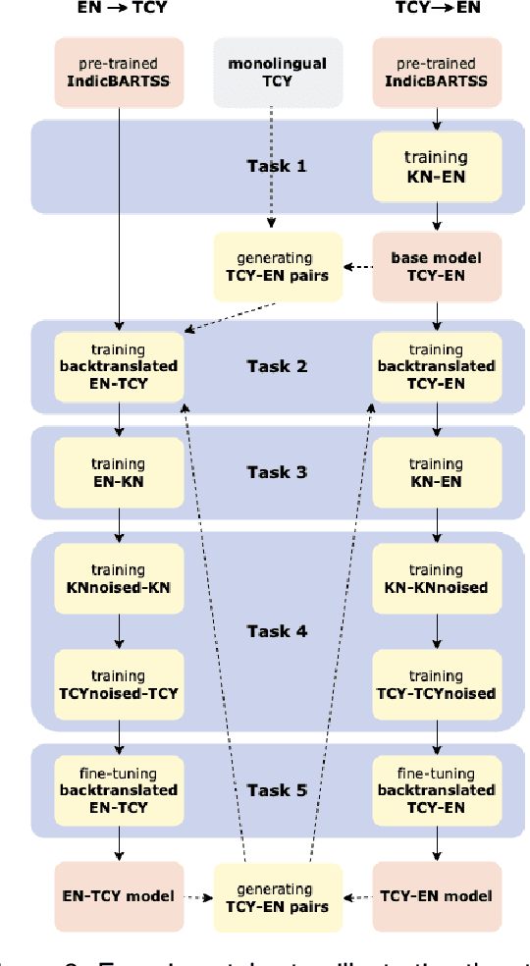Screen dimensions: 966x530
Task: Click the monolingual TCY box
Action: coord(279,73)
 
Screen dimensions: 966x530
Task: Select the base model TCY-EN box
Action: coord(436,266)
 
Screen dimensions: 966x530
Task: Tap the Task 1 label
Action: coord(277,165)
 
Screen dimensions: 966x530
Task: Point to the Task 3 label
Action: coord(277,472)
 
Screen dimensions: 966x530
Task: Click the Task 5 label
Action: coord(277,789)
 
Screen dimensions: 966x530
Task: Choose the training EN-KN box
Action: coord(118,472)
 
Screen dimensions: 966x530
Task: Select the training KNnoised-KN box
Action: coord(118,578)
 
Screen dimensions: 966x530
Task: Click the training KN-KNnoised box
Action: coord(436,578)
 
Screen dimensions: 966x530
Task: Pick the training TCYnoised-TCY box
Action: coord(118,684)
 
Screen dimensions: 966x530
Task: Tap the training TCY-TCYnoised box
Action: coord(436,684)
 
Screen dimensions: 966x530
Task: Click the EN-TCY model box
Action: coord(118,895)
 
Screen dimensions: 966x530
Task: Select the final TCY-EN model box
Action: coord(436,895)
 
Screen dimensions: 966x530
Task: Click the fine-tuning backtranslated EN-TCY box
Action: coord(118,789)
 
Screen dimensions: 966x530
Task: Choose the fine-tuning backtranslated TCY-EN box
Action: coord(436,789)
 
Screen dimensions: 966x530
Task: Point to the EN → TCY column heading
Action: coord(118,8)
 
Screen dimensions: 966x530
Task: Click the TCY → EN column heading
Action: coord(436,8)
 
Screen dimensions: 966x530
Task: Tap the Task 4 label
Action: coord(277,631)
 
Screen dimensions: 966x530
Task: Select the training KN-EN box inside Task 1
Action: coord(436,165)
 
